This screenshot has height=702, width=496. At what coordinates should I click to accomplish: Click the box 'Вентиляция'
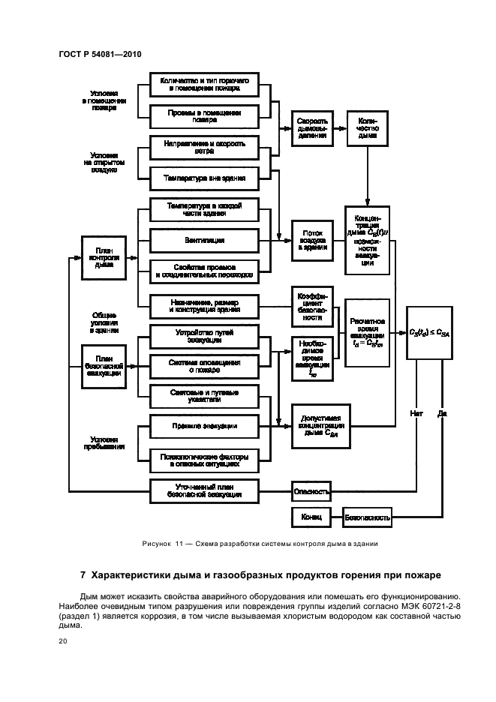click(x=204, y=240)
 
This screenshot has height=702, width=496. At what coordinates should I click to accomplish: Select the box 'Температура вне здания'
click(x=204, y=178)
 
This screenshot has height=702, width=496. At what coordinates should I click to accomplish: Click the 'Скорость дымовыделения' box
click(x=311, y=127)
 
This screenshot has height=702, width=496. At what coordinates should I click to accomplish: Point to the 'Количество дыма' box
click(x=368, y=127)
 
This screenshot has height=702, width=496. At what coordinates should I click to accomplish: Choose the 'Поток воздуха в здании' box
click(x=311, y=240)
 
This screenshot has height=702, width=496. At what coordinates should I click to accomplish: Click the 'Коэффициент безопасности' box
click(x=311, y=306)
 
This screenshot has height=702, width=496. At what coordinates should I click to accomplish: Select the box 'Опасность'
click(x=311, y=492)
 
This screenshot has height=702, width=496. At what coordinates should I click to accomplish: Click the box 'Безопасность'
click(x=368, y=517)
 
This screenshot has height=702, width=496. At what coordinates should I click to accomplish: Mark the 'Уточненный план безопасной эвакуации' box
click(x=204, y=491)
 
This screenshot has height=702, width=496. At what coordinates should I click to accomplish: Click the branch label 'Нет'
click(x=416, y=412)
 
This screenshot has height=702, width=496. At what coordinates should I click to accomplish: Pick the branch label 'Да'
click(x=442, y=412)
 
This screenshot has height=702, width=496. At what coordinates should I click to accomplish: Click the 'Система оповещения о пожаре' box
click(x=204, y=365)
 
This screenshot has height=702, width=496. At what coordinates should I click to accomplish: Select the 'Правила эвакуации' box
click(x=204, y=426)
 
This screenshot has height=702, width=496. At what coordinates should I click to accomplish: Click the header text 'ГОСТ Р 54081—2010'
click(x=99, y=55)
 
